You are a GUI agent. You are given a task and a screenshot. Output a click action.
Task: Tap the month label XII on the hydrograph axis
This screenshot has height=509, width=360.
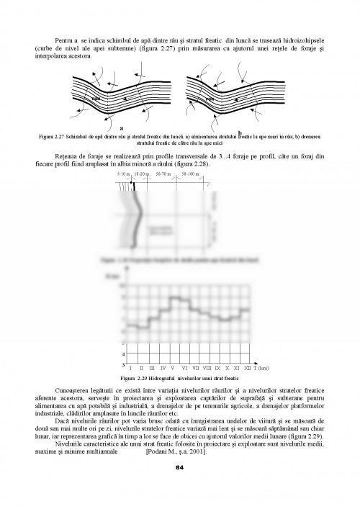[x=248, y=368]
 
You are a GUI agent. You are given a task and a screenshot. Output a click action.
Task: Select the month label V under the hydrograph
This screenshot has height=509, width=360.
[x=172, y=368]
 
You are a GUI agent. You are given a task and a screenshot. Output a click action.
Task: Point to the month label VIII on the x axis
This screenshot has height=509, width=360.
[x=207, y=368]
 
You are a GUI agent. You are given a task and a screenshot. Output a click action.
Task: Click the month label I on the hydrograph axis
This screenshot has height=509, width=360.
[x=130, y=368]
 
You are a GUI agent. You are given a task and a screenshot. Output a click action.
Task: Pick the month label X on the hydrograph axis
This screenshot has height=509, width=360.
[x=227, y=368]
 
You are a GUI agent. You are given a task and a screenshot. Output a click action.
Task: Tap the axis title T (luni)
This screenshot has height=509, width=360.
[x=261, y=368]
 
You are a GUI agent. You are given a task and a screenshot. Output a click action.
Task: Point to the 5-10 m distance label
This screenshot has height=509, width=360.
[x=123, y=174]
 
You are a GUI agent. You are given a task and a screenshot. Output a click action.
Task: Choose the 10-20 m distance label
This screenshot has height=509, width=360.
[x=141, y=174]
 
